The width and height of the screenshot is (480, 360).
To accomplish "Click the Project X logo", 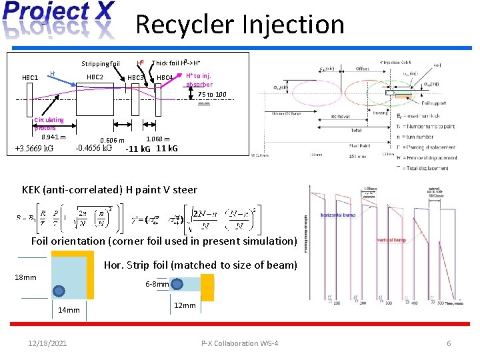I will [x=59, y=20].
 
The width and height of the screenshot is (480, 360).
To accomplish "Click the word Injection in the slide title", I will [x=294, y=25].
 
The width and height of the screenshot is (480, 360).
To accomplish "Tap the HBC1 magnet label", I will [x=30, y=78].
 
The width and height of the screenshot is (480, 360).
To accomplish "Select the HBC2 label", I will [x=95, y=77].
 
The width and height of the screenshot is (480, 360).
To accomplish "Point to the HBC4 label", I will [x=165, y=78].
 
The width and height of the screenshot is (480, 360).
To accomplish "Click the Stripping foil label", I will [x=100, y=65].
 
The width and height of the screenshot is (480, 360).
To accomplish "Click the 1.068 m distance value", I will [x=157, y=139].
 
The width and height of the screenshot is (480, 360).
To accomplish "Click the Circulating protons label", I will [x=49, y=124].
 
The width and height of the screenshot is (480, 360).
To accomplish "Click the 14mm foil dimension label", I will [x=68, y=310].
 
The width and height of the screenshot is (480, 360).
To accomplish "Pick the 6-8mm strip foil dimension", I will [x=157, y=284].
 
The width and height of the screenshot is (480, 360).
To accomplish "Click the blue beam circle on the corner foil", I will [x=59, y=291].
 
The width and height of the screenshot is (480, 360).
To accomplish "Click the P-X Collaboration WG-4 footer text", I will [x=239, y=343].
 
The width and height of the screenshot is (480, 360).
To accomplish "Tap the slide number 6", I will [x=449, y=343].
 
